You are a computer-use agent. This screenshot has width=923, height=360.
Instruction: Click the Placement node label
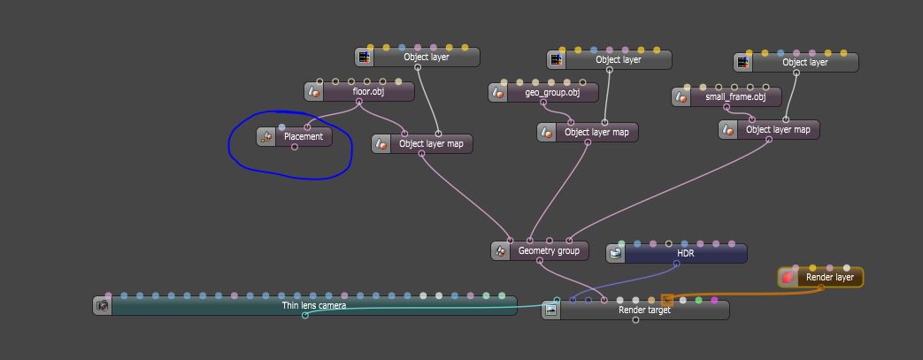304,137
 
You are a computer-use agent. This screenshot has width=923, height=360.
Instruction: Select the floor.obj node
367,92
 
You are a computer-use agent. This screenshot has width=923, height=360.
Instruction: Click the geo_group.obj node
551,93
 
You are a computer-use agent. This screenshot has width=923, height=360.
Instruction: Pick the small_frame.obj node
735,97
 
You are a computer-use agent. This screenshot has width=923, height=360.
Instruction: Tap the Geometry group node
548,251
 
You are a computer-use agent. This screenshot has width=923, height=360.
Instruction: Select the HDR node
685,254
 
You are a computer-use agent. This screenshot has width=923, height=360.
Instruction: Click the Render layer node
829,278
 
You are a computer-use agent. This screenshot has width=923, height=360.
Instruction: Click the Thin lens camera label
314,306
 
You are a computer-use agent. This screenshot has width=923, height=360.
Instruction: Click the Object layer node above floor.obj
426,57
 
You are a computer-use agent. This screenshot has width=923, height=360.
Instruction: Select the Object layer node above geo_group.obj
618,60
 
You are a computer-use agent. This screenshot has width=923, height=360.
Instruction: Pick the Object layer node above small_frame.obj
805,63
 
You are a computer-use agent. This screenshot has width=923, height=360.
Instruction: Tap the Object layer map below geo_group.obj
596,133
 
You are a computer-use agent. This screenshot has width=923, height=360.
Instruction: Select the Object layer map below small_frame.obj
777,130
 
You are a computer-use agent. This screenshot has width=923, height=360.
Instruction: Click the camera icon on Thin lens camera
103,306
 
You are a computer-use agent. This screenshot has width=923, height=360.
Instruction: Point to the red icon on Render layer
787,278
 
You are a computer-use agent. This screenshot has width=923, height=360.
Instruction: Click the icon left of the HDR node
616,254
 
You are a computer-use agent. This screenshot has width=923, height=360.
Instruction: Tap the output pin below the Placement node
295,148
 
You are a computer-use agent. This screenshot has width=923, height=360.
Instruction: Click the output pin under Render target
635,320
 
